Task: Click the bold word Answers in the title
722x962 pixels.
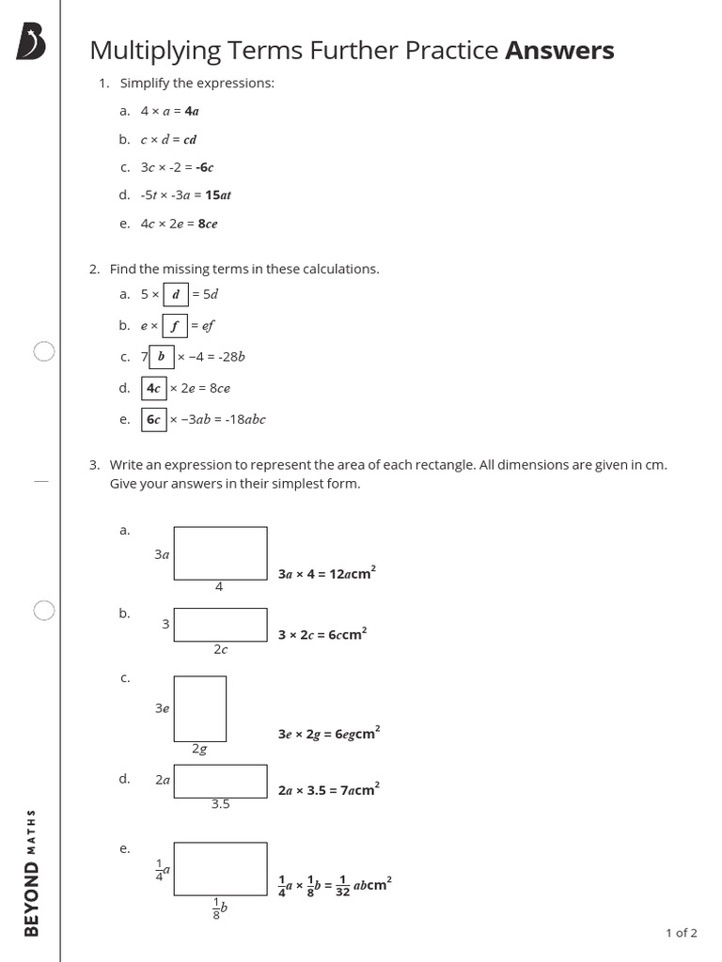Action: click(x=559, y=51)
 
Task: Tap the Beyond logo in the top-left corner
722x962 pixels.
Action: click(x=31, y=43)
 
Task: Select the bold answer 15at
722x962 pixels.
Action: click(x=218, y=195)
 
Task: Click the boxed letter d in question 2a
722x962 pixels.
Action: click(x=176, y=294)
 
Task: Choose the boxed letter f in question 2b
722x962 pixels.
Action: click(x=175, y=326)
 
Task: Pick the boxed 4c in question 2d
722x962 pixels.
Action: click(x=154, y=388)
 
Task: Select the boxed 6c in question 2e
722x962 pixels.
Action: click(x=154, y=419)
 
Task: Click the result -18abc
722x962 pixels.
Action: click(x=239, y=419)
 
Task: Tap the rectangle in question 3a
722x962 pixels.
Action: click(x=220, y=552)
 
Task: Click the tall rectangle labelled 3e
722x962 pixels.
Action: click(x=199, y=708)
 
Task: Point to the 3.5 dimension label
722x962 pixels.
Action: click(x=220, y=804)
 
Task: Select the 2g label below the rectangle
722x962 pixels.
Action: click(x=199, y=749)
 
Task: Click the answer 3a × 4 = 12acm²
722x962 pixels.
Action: click(x=327, y=573)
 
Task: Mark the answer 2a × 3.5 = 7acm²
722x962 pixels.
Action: click(x=327, y=790)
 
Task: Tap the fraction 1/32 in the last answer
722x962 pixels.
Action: click(x=342, y=885)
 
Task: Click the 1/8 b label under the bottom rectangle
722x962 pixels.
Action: click(x=220, y=910)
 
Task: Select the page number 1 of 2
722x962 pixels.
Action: click(x=681, y=933)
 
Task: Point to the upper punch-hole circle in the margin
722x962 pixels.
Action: click(x=43, y=352)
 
